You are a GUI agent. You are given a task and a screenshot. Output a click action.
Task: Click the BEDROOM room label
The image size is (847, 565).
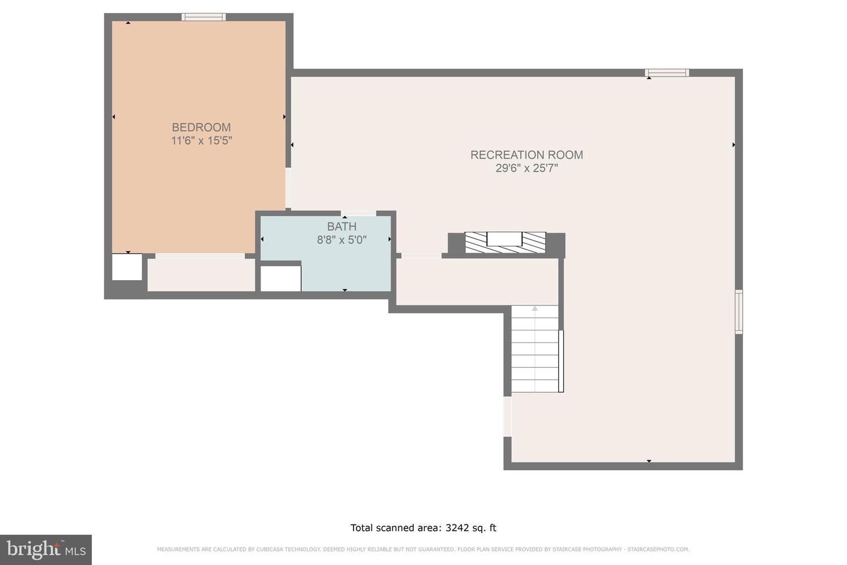(x=201, y=127)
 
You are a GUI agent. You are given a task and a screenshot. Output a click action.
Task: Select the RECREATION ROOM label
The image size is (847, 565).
(x=526, y=155)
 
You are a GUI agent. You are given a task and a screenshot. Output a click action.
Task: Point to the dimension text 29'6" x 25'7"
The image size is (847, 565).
(x=526, y=168)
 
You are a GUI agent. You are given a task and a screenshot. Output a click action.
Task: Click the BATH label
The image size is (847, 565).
(x=342, y=227)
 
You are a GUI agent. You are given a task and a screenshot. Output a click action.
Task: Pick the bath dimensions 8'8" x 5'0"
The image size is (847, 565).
(x=342, y=240)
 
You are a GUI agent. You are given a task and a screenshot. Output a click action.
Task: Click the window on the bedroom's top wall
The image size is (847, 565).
(x=204, y=17)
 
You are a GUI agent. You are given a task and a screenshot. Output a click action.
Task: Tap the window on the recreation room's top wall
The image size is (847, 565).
(x=666, y=73)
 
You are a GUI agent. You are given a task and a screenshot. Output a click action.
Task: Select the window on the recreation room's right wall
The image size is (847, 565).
(x=739, y=312)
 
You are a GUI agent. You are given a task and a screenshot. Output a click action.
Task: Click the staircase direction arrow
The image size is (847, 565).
(x=535, y=308)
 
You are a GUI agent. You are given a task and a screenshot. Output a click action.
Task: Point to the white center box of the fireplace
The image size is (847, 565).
(x=505, y=239)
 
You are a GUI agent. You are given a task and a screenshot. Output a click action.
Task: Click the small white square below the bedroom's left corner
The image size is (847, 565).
(x=127, y=267)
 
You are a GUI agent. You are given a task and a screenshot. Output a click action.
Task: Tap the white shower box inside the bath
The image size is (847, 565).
(x=281, y=278)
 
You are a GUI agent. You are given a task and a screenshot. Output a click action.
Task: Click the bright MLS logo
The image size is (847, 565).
(x=46, y=550)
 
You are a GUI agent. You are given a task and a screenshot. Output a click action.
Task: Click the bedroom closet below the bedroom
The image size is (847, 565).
(x=201, y=274)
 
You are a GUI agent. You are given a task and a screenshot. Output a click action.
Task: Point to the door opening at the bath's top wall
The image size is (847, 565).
(x=359, y=213)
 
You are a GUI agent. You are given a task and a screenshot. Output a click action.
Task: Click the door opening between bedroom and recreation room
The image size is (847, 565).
(x=288, y=188)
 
